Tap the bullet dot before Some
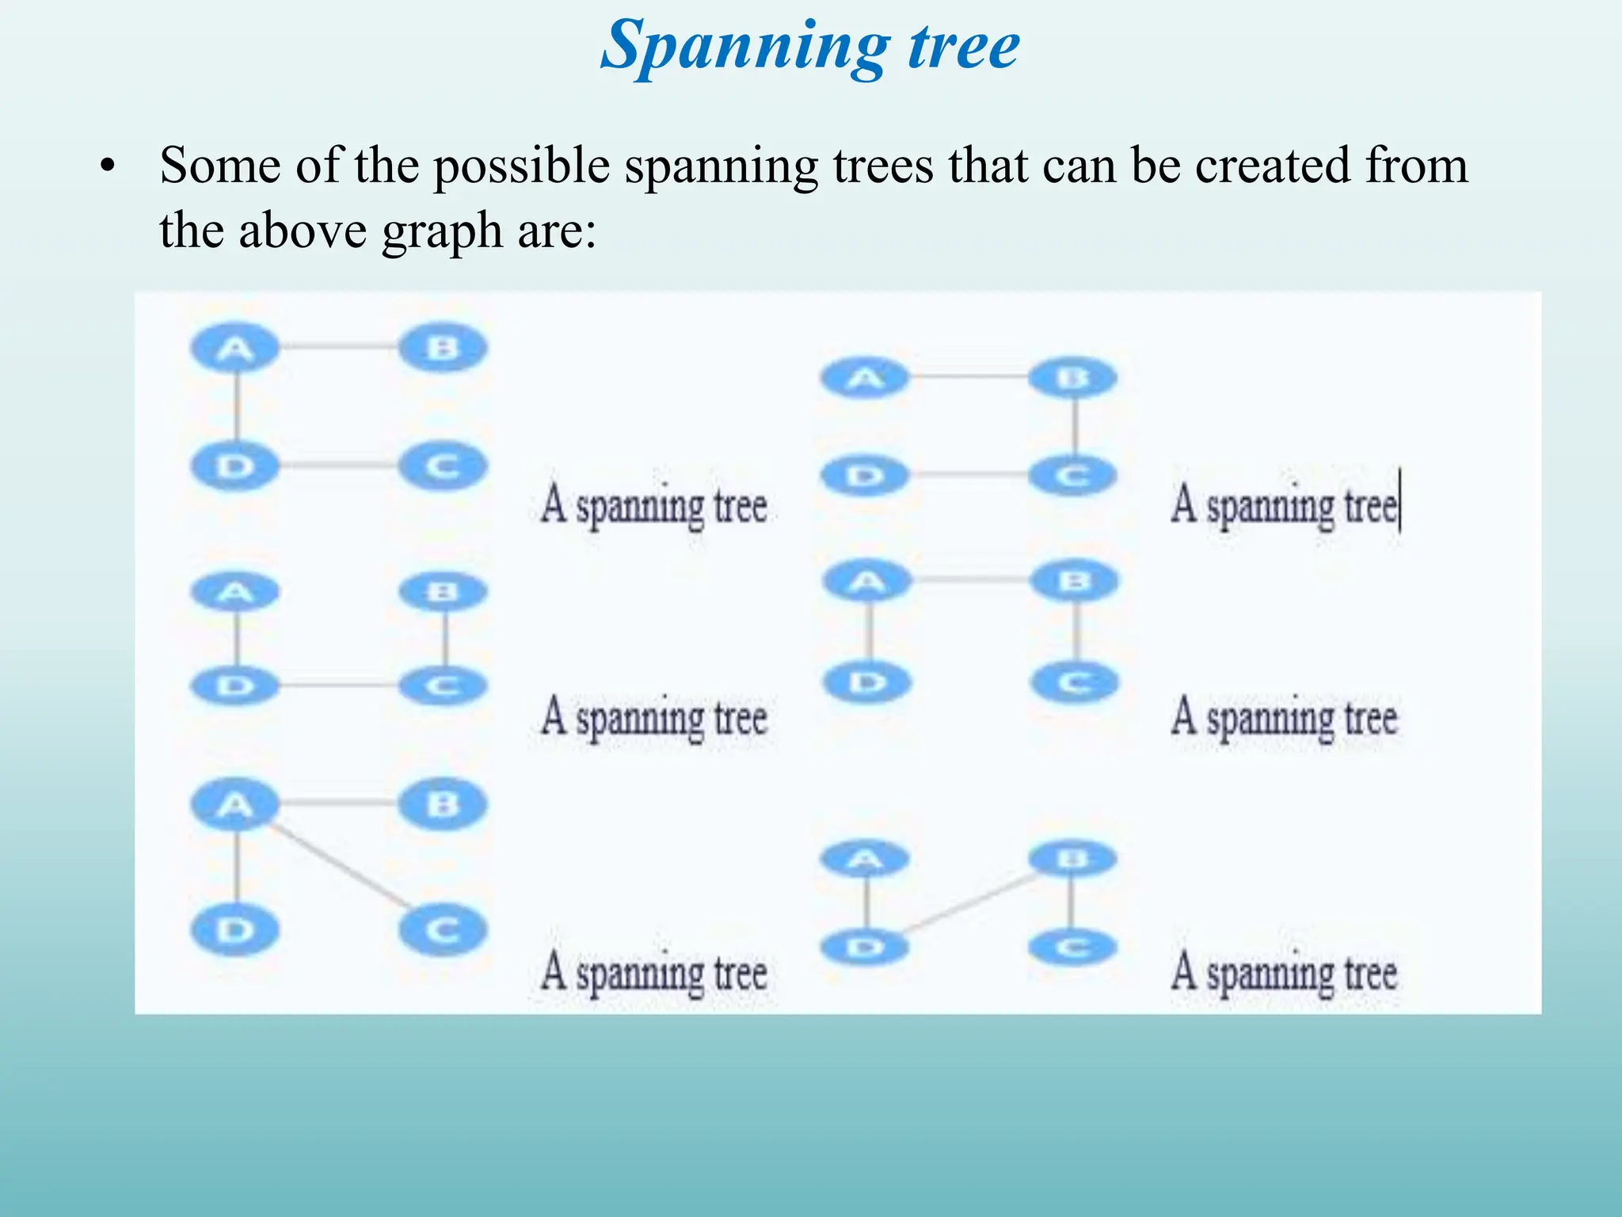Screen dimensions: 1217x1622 pyautogui.click(x=108, y=167)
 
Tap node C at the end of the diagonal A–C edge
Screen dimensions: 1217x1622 pyautogui.click(x=442, y=929)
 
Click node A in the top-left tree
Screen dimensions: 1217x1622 pyautogui.click(x=235, y=348)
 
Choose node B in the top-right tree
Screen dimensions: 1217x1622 pyautogui.click(x=1073, y=378)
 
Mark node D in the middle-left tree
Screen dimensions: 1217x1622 pyautogui.click(x=235, y=685)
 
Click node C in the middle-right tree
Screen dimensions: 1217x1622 pyautogui.click(x=1075, y=682)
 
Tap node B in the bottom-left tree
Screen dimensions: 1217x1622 pyautogui.click(x=442, y=804)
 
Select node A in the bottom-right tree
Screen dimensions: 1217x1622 pyautogui.click(x=866, y=859)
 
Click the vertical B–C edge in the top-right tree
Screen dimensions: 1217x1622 pyautogui.click(x=1075, y=426)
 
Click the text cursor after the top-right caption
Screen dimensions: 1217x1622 pyautogui.click(x=1400, y=502)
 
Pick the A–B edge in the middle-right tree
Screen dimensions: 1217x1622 pyautogui.click(x=971, y=581)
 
